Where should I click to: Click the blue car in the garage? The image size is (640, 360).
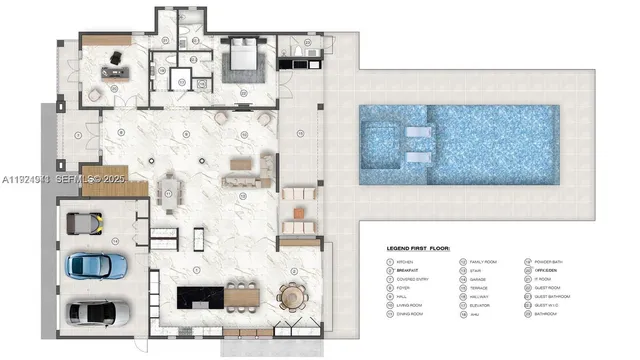pos(96,265)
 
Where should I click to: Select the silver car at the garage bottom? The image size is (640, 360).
pos(96,312)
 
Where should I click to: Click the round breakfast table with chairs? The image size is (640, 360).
pos(292,296)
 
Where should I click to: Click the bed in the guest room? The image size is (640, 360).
pos(244,59)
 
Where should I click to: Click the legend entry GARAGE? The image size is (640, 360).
pos(482,278)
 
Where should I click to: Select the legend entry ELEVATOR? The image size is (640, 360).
pos(484,305)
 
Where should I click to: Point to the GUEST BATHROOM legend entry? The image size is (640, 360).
pos(558,296)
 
